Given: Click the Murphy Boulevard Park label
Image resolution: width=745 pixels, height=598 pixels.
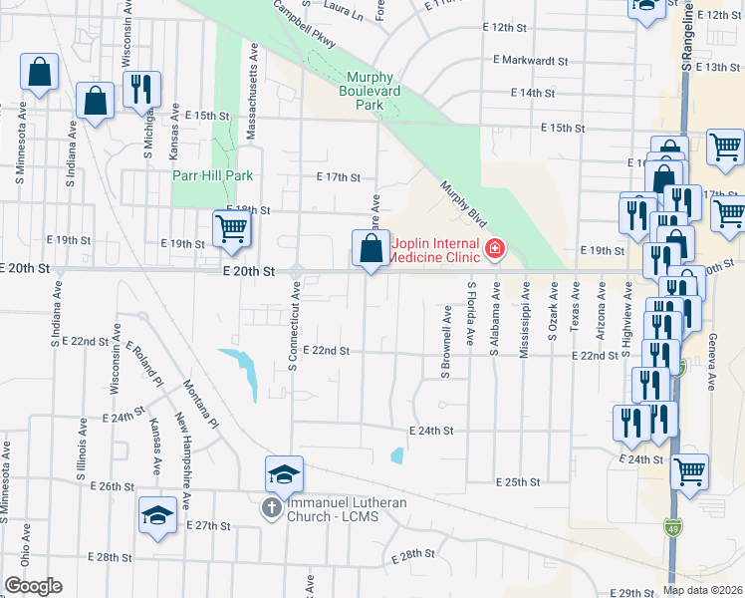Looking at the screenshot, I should point(377,91).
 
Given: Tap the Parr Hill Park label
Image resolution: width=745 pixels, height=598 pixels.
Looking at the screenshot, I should point(212,175).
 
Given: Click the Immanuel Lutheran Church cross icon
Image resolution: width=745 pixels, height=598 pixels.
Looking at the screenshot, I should point(270,508).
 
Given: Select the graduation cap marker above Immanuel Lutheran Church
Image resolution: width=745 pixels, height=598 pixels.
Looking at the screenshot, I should point(284,473).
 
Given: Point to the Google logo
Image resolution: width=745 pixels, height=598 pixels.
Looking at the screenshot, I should point(33,586).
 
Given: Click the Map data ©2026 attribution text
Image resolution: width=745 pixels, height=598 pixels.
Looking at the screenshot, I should point(702,589).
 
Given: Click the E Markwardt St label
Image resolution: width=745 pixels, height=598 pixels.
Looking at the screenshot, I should point(529,61).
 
